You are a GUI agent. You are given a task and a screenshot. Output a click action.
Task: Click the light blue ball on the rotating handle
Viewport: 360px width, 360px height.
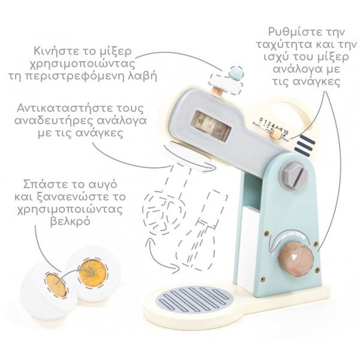pyautogui.click(x=236, y=73)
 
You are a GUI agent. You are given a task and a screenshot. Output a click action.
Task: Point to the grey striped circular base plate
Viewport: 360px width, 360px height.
pyautogui.click(x=194, y=299)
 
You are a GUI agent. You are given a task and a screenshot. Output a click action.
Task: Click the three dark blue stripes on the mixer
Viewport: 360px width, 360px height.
pyautogui.click(x=305, y=144)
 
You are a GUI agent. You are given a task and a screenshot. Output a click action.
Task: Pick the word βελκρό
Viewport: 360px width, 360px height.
pyautogui.click(x=70, y=221)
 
